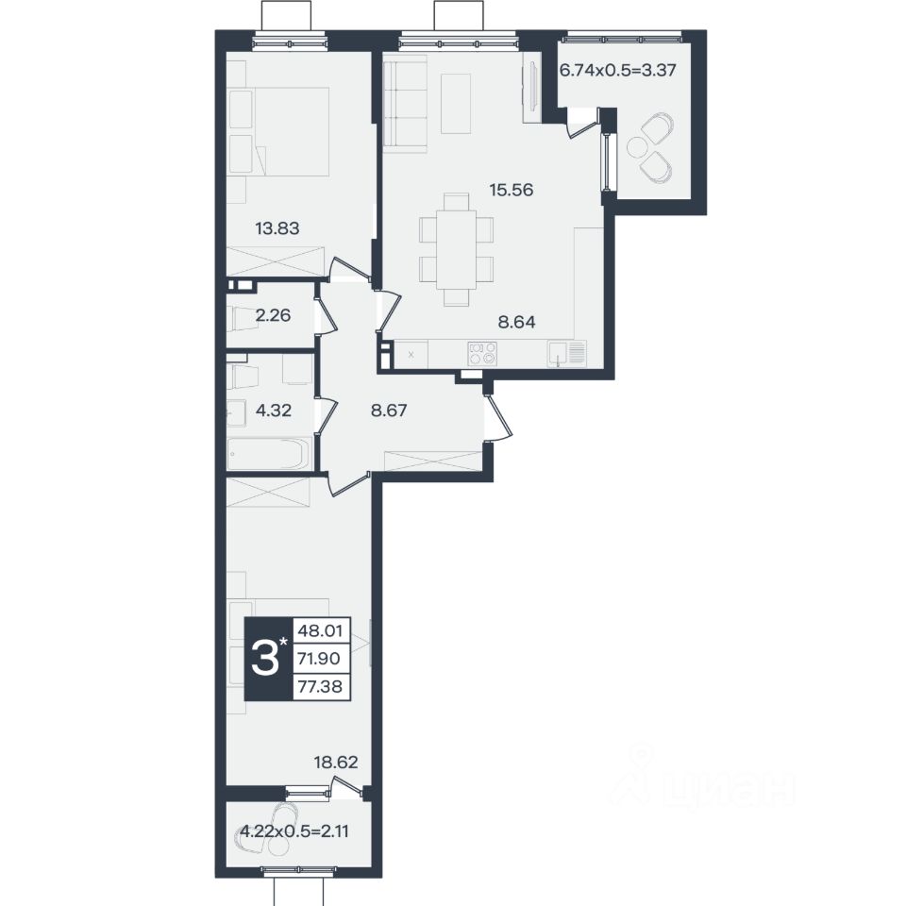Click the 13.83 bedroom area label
coord(277,228)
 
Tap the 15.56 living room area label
coord(512,190)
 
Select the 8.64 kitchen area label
coord(516,322)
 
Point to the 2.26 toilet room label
coord(273,315)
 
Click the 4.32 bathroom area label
coord(274,411)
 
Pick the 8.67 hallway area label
coord(389,411)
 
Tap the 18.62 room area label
coord(336,763)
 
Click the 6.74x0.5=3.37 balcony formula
coord(617,70)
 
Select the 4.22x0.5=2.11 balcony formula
coord(294,831)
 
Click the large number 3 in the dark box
coord(266,660)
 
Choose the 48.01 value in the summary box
coord(320,630)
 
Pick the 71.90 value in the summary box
coord(320,658)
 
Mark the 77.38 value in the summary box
coord(320,686)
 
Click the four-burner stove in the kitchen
coord(482,353)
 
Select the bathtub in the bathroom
coord(269,454)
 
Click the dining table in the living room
coord(457,249)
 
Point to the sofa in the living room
coord(405,104)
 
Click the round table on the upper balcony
coord(637,147)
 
